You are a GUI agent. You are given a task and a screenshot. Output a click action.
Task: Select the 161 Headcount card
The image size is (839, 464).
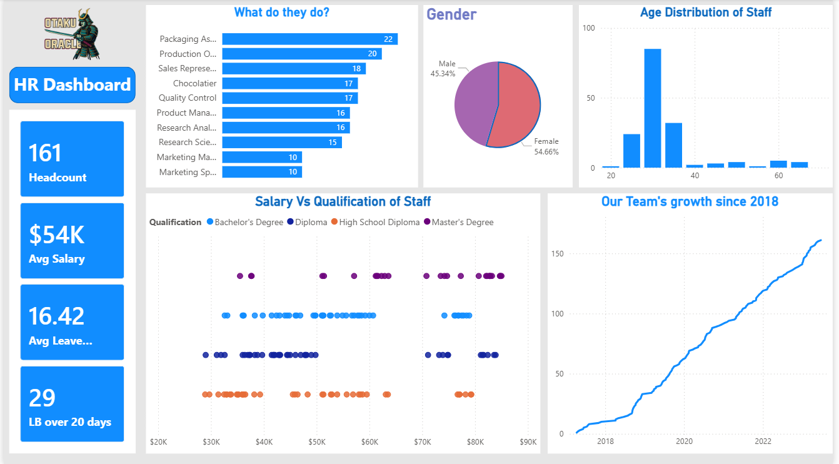(72, 159)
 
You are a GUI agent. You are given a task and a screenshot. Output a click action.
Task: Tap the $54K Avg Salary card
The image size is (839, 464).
(72, 241)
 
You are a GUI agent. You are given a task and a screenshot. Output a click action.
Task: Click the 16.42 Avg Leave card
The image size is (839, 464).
(72, 322)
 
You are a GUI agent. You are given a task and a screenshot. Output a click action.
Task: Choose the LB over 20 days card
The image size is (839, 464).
(72, 404)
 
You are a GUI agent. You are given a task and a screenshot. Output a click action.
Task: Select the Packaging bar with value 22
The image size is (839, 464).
(309, 39)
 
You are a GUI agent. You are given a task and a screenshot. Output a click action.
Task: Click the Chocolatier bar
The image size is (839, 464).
(289, 83)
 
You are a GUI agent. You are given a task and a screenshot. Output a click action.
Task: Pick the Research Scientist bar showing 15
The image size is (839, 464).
(281, 142)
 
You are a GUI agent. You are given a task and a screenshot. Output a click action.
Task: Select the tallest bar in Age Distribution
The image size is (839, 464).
(653, 108)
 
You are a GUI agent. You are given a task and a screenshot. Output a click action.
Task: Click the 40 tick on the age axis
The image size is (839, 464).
(695, 176)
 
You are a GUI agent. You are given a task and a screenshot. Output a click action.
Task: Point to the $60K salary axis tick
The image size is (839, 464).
(369, 442)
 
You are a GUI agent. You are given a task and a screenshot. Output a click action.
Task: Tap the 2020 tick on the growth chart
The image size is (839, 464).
(684, 442)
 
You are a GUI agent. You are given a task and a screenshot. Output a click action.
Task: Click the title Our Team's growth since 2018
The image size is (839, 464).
(690, 201)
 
